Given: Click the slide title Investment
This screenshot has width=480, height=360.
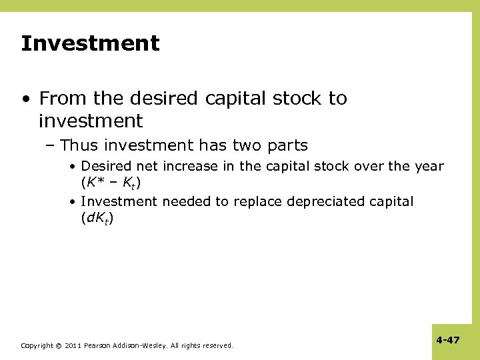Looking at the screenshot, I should coord(90,44).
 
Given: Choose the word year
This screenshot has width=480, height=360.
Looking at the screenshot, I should coord(428,166).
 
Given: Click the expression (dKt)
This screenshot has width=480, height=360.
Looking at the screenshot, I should coord(97,217).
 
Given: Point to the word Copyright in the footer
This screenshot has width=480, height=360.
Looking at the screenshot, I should coord(37,345).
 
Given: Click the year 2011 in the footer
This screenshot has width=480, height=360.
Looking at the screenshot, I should coord(73,345).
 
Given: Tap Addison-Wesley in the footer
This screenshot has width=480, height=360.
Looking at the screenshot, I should coord(142,345).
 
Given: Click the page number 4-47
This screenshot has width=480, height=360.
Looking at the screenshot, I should coord(448,340).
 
